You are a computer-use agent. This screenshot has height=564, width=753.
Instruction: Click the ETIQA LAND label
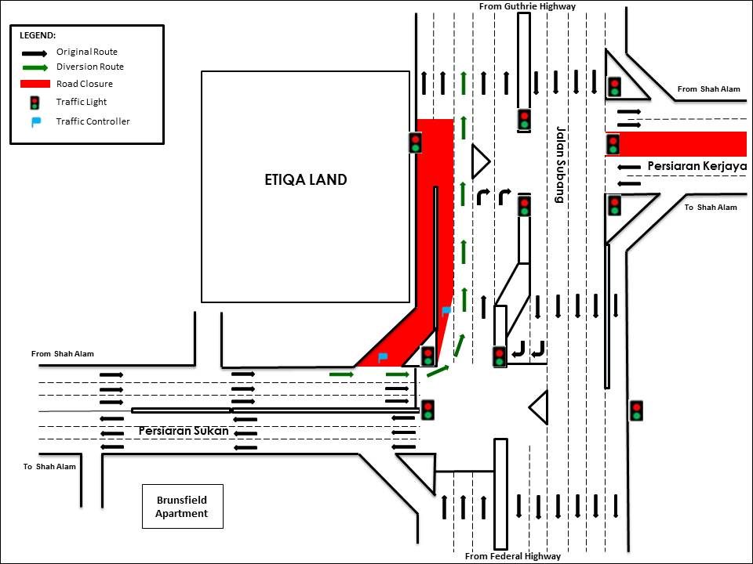click(x=305, y=179)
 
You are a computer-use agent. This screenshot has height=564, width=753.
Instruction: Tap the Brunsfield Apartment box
click(x=182, y=507)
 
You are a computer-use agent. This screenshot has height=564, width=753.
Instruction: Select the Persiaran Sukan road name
click(x=184, y=431)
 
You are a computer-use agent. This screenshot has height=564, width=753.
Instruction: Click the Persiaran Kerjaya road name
click(x=697, y=166)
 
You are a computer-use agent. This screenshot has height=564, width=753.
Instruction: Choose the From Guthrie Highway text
click(x=527, y=6)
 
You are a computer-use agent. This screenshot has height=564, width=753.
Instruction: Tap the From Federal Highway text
click(x=513, y=556)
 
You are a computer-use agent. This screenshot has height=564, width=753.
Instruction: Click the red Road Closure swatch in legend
click(x=35, y=84)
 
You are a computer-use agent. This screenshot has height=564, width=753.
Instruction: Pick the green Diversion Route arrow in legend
click(x=35, y=67)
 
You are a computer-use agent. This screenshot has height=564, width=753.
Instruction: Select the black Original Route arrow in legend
click(x=35, y=52)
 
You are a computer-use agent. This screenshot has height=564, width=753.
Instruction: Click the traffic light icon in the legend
click(x=35, y=102)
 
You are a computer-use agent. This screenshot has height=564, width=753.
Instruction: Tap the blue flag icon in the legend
click(x=35, y=121)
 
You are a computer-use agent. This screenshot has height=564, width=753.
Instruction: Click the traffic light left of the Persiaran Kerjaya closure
click(x=613, y=144)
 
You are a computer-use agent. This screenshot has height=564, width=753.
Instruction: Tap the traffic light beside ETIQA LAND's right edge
click(x=415, y=143)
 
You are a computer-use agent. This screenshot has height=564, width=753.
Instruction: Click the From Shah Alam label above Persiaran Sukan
click(x=63, y=354)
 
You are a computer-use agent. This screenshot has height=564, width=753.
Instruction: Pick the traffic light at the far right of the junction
click(x=636, y=410)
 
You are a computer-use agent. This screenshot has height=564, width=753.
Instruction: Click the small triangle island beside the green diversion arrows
click(x=478, y=162)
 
